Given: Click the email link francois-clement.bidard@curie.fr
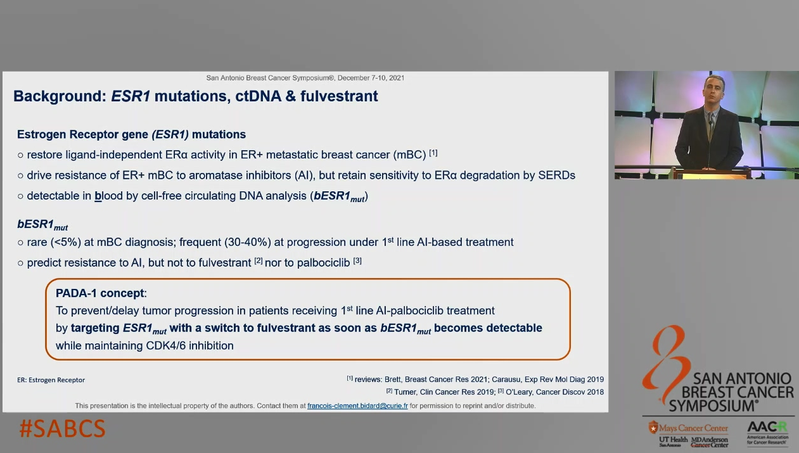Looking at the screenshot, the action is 357,406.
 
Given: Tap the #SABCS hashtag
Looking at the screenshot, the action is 63,429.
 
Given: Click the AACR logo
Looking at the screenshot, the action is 767,433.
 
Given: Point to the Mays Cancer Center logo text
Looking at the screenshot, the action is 693,428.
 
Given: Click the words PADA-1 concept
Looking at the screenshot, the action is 100,293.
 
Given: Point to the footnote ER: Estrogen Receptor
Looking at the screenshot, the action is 51,380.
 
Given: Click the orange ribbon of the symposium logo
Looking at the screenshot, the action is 665,364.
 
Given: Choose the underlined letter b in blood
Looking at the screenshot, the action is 98,196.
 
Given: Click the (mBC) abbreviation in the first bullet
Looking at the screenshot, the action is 409,155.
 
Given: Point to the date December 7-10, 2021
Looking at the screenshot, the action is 371,78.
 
